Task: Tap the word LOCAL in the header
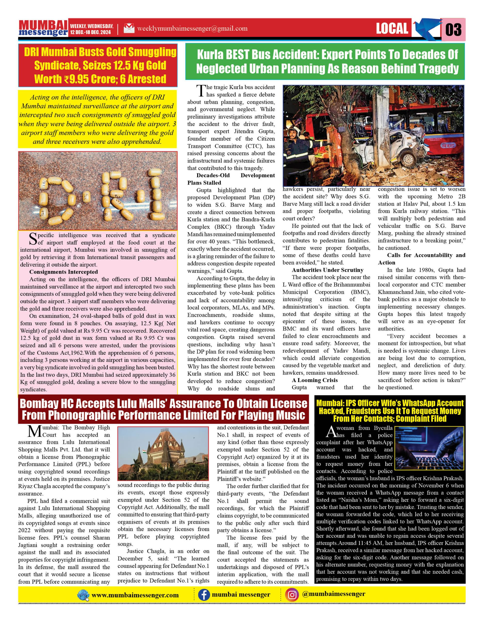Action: (392, 28)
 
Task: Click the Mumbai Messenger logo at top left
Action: (43, 28)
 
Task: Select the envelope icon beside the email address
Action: (129, 28)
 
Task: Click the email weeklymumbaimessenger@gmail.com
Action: (192, 28)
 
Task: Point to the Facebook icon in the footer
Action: (204, 595)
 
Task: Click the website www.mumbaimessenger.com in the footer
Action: (135, 595)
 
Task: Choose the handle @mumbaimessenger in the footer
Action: (334, 594)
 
